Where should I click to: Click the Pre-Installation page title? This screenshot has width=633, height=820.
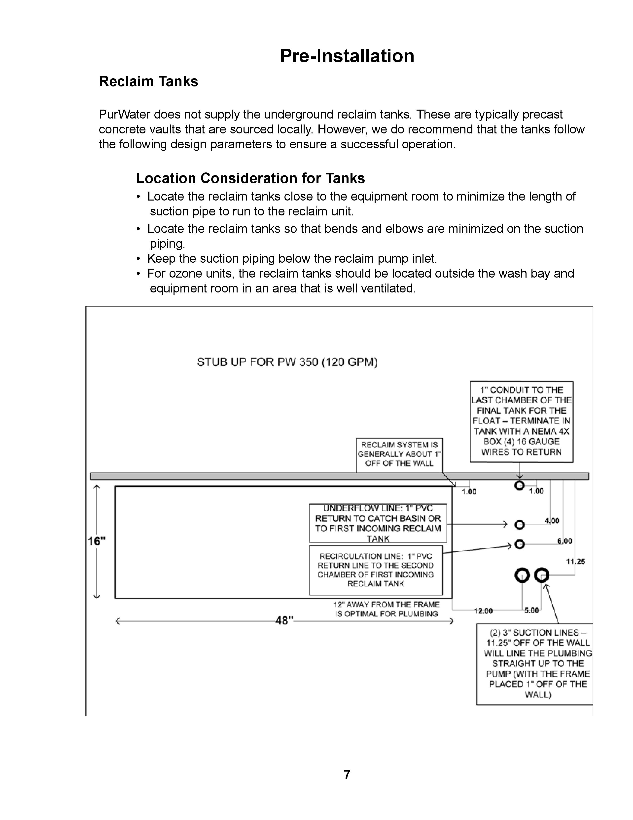[x=347, y=56]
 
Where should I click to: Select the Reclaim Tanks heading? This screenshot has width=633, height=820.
[x=148, y=82]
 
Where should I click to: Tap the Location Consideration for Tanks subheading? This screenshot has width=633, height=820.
[x=250, y=178]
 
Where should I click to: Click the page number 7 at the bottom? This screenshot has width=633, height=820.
[x=347, y=774]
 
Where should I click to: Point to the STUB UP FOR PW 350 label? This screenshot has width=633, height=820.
[x=287, y=362]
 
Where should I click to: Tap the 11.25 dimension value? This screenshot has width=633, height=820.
[x=575, y=561]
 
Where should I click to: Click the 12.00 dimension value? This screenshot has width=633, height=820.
[x=483, y=611]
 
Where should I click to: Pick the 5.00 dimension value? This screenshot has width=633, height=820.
[x=531, y=611]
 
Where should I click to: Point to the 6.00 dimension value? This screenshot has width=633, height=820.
[x=564, y=541]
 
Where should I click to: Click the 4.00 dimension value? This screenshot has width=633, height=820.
[x=552, y=521]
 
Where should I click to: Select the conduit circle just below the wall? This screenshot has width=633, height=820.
[x=519, y=486]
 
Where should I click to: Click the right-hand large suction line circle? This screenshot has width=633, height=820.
[x=541, y=575]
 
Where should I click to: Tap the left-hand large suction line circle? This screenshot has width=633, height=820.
[x=522, y=575]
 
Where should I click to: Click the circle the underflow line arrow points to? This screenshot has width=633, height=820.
[x=519, y=525]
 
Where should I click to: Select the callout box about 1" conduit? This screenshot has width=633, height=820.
[x=521, y=421]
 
